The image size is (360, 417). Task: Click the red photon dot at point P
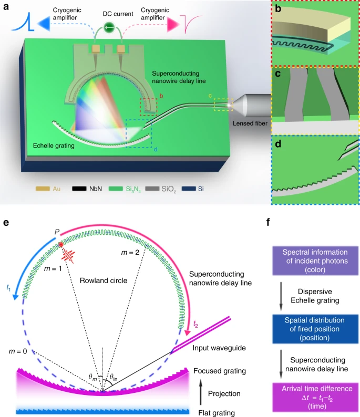(61, 245)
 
